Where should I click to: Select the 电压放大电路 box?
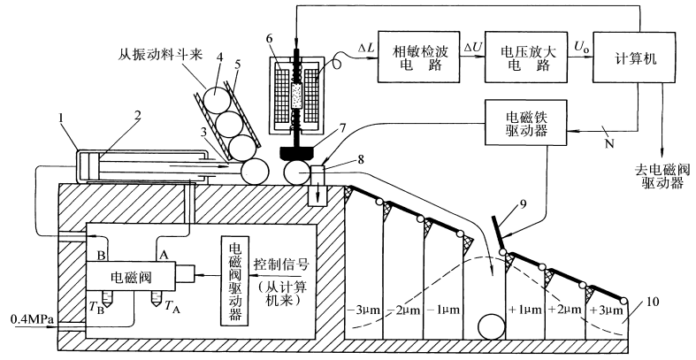pos(525,57)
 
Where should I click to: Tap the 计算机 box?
pos(634,58)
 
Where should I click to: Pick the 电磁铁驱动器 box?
pos(526,123)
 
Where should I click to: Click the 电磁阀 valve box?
pos(131,277)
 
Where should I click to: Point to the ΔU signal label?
pos(472,46)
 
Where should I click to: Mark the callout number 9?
pos(523,204)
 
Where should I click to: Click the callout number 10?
pos(653,303)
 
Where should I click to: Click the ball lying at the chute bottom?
pos(492,327)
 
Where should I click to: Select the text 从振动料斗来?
pos(161,55)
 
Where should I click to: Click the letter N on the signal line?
pos(609,143)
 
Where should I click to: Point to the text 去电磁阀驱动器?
pos(662,176)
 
